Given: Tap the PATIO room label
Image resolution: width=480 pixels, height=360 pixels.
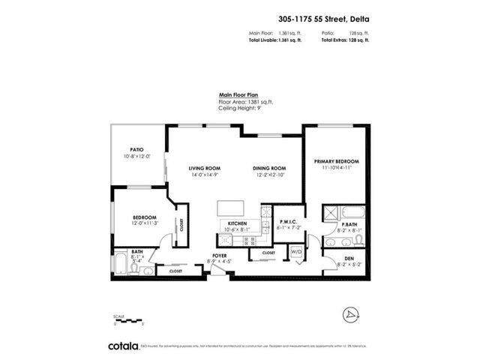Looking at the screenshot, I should point(136,149).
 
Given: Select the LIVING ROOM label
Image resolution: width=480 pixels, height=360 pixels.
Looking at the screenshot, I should point(202,168).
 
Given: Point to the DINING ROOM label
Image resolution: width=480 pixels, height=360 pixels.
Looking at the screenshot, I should point(269,168).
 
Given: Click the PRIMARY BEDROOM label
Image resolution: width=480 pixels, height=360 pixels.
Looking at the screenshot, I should point(337,161).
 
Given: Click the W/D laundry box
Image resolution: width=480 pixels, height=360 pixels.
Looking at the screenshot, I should point(295,252).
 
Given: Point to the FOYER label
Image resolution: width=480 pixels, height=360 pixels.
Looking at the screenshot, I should point(220,256).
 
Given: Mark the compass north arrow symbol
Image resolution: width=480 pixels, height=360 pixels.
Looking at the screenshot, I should point(349,312).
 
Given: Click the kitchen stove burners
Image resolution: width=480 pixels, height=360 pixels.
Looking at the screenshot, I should point(224,241).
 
